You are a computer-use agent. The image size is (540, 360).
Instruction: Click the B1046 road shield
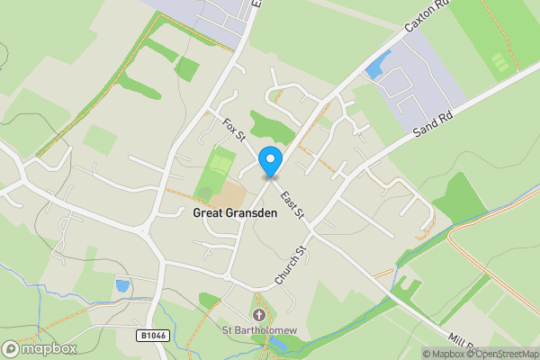pos(154,335)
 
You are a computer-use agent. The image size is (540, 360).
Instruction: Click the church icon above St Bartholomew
pos(259,316)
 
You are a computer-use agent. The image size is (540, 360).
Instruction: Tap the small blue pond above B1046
pos(122,285)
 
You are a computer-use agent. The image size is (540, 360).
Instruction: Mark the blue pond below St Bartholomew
pos(280,345)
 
